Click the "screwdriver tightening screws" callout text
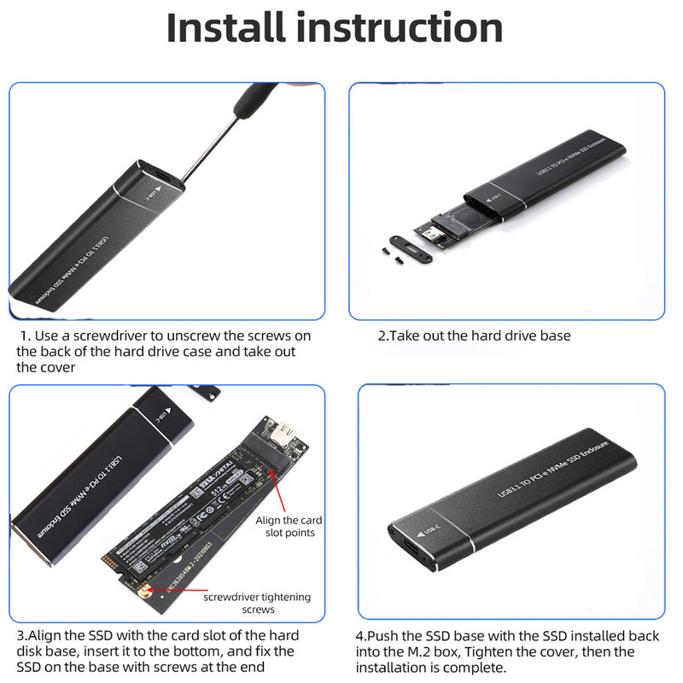click(x=256, y=603)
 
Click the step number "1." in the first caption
click(x=26, y=336)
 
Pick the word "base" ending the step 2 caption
click(x=554, y=336)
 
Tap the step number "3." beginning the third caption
click(x=22, y=636)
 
